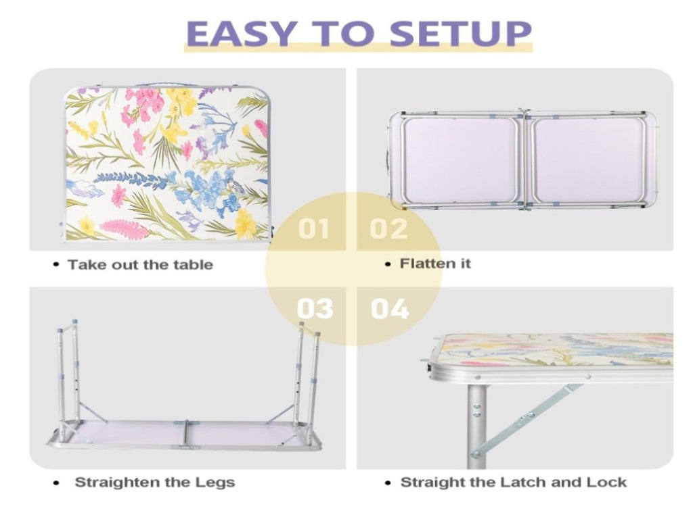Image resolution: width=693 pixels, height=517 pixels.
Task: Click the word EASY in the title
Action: pos(240,33)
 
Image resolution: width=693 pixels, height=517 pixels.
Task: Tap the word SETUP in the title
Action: pos(460,33)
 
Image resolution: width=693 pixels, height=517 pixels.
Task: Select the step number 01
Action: pos(313,228)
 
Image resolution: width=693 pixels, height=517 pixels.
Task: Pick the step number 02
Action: pos(388,228)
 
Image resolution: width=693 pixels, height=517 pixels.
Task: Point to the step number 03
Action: pos(315,308)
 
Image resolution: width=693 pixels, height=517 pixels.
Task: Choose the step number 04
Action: pos(389,308)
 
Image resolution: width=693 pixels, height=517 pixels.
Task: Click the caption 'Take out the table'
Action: pos(140,264)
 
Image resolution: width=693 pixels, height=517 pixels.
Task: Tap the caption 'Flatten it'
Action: pos(435,264)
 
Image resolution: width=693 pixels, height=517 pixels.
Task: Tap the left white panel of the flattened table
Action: pos(460,159)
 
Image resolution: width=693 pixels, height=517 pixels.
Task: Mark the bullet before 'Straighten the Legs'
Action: pos(55,483)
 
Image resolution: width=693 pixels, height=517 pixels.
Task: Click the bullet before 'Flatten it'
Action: pos(388,264)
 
